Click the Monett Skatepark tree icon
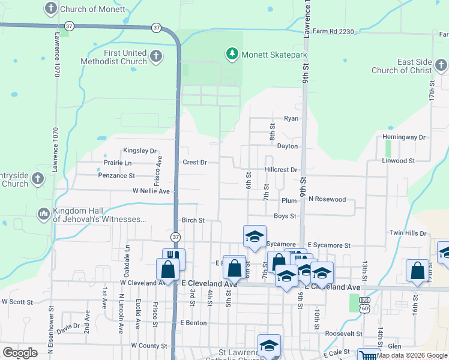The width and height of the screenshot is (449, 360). pos(232,55)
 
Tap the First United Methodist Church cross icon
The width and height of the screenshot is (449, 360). pos(155,57)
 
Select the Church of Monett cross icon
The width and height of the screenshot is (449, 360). pos(51,9)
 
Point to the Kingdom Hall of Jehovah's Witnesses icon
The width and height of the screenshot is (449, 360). pos(43,214)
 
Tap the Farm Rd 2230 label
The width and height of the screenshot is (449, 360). pos(330,31)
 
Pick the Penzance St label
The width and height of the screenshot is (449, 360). pos(116,176)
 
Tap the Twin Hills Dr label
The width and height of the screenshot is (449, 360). pos(407,233)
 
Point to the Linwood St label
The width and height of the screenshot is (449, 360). pos(398,161)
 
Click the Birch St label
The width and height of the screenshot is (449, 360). pos(193,220)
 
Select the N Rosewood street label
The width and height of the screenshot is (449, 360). pos(327,199)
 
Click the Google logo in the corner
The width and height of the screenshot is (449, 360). pos(20,353)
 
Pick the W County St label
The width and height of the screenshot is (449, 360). pos(149,346)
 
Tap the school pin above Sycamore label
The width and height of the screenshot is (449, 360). pos(255,236)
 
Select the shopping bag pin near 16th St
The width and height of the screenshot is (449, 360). pos(417,270)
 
